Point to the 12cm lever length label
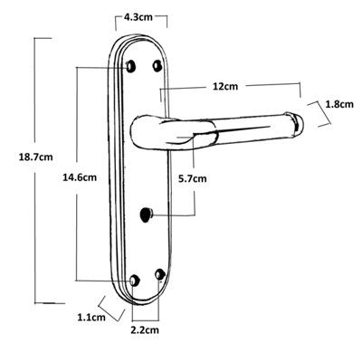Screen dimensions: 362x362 (x=224, y=86)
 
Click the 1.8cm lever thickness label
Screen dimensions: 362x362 (x=338, y=104)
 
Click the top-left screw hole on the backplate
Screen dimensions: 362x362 (x=132, y=66)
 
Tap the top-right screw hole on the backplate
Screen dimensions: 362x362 (x=158, y=66)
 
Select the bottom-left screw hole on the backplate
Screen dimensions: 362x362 (x=134, y=280)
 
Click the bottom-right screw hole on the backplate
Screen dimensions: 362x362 (x=160, y=273)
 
